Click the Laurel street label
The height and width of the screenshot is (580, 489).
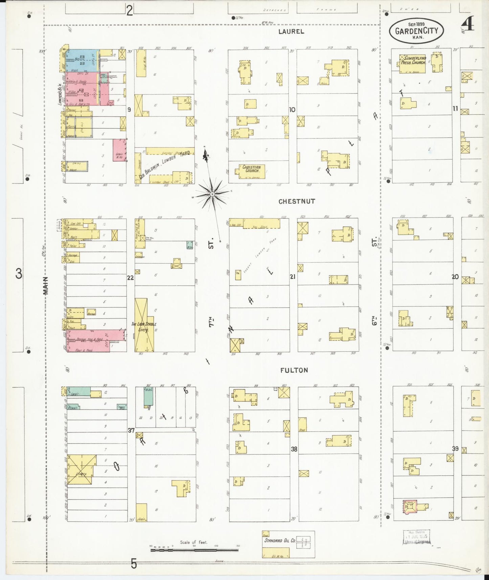pyautogui.click(x=291, y=31)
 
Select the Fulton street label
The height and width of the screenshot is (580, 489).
pyautogui.click(x=294, y=370)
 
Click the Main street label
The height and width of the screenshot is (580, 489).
pyautogui.click(x=46, y=285)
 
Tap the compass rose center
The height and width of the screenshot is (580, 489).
pyautogui.click(x=212, y=194)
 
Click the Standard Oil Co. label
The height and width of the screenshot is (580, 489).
pyautogui.click(x=280, y=540)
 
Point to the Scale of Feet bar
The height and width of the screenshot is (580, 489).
pyautogui.click(x=194, y=550)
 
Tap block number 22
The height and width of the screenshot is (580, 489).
pyautogui.click(x=130, y=278)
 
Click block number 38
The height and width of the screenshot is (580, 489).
pyautogui.click(x=294, y=449)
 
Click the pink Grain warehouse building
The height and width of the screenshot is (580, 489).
pyautogui.click(x=119, y=150)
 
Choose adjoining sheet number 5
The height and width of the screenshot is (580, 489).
pyautogui.click(x=134, y=564)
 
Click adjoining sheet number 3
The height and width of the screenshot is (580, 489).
pyautogui.click(x=19, y=273)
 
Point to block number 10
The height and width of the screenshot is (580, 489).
pyautogui.click(x=292, y=110)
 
